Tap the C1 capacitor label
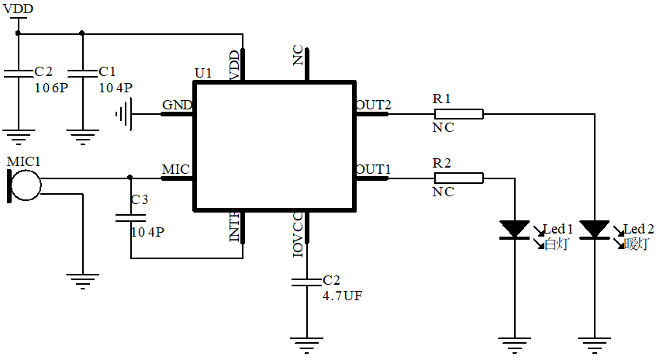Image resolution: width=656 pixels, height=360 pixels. [x=109, y=71]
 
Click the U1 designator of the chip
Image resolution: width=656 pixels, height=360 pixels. [x=203, y=73]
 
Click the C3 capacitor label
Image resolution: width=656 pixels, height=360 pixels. [x=140, y=199]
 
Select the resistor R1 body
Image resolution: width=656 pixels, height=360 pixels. [x=457, y=114]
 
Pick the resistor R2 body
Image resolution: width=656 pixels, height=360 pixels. [x=457, y=178]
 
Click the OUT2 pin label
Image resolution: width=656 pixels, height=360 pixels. [x=373, y=105]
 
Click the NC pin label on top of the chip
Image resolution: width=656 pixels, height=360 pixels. [x=299, y=56]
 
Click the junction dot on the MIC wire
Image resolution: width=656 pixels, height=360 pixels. [x=129, y=177]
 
